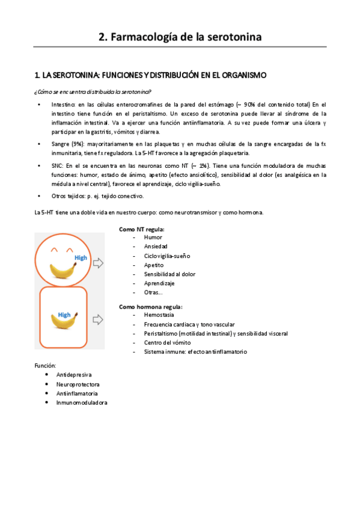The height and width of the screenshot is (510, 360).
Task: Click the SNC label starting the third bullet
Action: [58, 165]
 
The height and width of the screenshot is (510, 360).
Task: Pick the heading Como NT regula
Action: [142, 229]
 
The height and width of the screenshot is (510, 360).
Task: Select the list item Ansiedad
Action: [156, 247]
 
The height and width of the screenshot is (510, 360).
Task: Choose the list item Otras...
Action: [153, 292]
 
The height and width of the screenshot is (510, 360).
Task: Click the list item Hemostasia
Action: [159, 315]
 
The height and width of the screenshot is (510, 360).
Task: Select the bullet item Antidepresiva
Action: [74, 375]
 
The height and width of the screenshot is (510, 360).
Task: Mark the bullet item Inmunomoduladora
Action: [81, 402]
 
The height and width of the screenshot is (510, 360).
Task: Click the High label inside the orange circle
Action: [81, 257]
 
